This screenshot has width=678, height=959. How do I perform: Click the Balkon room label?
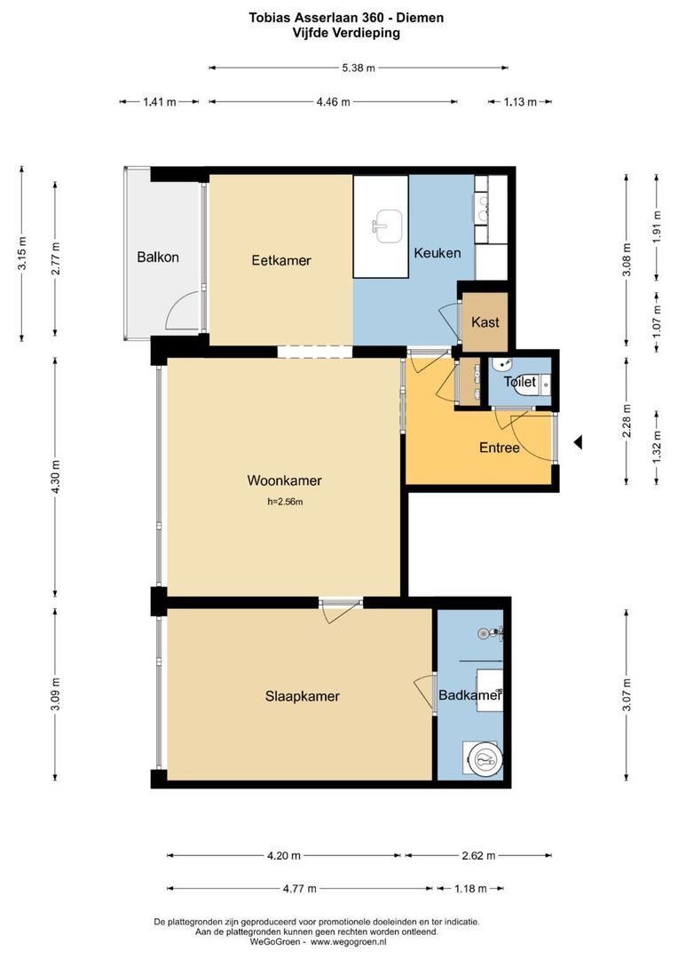coord(158,257)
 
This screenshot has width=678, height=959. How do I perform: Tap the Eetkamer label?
coord(281,260)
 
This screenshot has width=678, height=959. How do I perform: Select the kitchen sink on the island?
coord(387,226)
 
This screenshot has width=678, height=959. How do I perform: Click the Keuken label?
coord(438,252)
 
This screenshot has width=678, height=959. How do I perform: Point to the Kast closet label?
coord(485,322)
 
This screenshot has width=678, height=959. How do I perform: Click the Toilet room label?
coord(520,382)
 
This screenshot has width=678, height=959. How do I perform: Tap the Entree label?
coord(500,448)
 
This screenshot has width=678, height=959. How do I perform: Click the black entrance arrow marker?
coord(578,442)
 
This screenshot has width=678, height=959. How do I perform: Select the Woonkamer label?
coord(284,480)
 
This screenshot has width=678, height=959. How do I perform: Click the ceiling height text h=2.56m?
coord(285,502)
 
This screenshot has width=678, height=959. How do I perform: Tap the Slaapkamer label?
coord(303,696)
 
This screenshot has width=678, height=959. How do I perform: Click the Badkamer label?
coord(470,695)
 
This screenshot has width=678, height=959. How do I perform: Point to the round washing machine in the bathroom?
coord(485,760)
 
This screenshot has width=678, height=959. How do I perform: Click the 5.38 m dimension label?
coord(359,67)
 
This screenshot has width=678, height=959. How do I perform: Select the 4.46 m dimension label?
coord(333,102)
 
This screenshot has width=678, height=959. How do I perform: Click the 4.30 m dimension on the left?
coord(56,476)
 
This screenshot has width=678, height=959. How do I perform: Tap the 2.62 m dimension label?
coord(478,856)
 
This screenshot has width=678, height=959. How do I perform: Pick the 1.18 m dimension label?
coord(470,889)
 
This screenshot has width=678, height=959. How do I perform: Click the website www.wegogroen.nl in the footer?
coord(349,942)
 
